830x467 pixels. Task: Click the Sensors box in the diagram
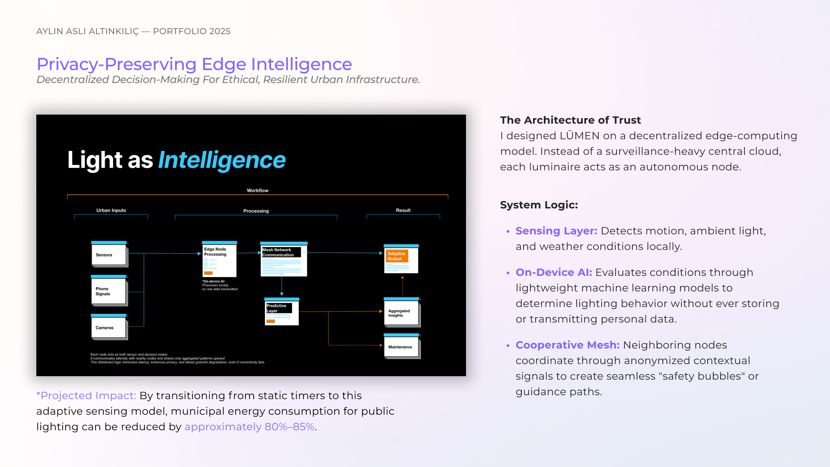point(109,254)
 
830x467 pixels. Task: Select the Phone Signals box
point(109,291)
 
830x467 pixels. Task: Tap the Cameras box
point(109,327)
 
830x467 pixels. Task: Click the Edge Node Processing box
point(220,259)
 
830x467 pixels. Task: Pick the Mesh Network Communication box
point(284,259)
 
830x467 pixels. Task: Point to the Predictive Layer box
point(281,312)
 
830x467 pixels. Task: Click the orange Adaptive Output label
point(396,256)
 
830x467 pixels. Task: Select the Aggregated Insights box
point(401,313)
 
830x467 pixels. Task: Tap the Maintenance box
point(401,347)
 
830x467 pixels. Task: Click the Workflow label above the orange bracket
point(258,190)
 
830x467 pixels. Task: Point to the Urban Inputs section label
point(111,210)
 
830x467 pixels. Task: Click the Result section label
point(403,210)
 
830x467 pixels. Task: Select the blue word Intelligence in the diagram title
point(222,160)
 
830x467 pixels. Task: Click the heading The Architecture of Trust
point(570,120)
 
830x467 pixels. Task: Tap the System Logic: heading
point(539,205)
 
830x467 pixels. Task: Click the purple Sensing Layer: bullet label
point(556,231)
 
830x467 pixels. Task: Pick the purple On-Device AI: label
point(554,272)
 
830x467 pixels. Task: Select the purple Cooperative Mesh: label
point(568,345)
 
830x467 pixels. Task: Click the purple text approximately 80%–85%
point(249,427)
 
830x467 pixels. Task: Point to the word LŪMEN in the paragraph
point(580,136)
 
